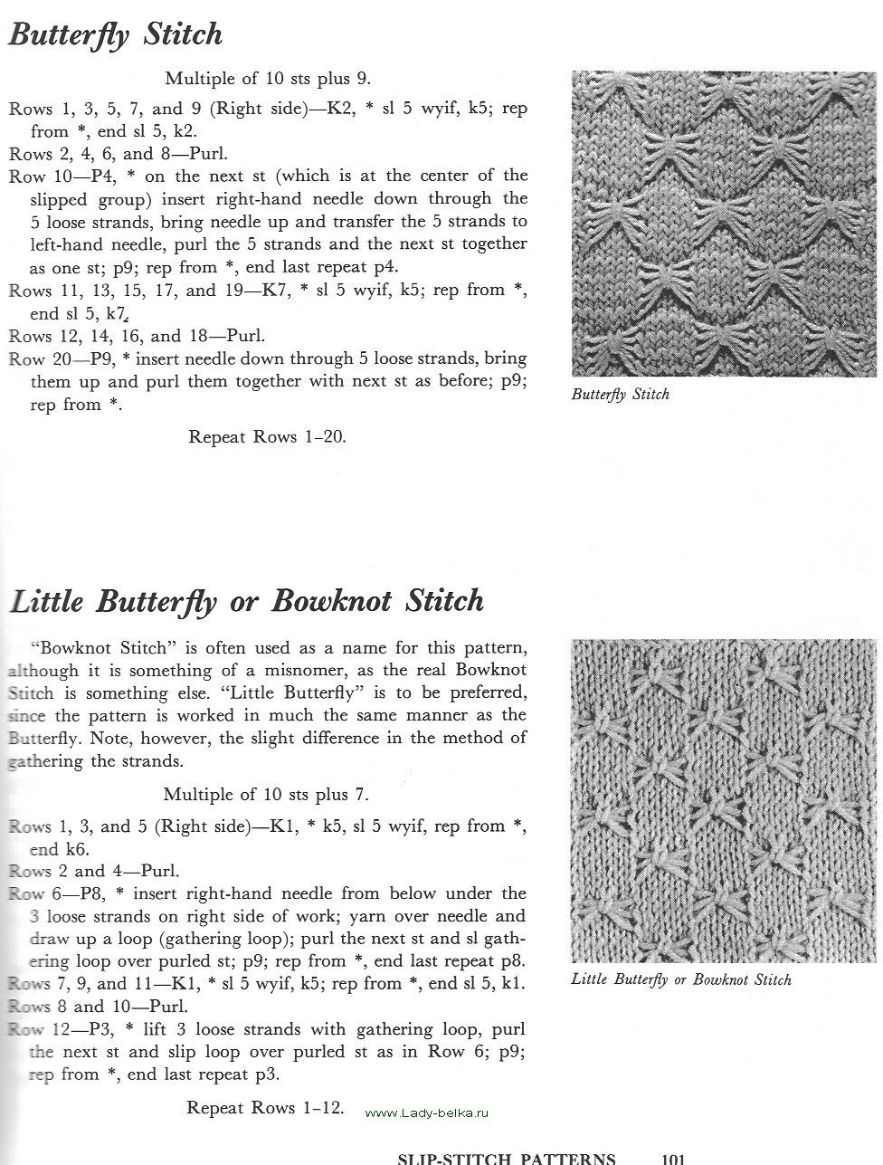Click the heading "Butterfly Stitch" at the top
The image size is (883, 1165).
pyautogui.click(x=116, y=35)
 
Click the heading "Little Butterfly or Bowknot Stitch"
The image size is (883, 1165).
pyautogui.click(x=247, y=601)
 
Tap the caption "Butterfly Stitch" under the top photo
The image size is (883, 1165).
pyautogui.click(x=621, y=395)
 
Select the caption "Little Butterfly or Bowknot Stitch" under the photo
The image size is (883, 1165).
pyautogui.click(x=681, y=979)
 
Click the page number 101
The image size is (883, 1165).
pyautogui.click(x=672, y=1158)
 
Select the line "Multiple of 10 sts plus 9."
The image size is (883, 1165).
pyautogui.click(x=268, y=79)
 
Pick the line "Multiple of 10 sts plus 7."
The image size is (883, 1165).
pyautogui.click(x=266, y=795)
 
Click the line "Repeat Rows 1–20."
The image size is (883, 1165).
pyautogui.click(x=268, y=436)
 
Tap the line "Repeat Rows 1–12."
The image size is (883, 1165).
pyautogui.click(x=265, y=1107)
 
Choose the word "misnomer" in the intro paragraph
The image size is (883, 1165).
pyautogui.click(x=343, y=671)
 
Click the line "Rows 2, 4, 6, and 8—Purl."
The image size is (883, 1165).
pyautogui.click(x=119, y=153)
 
